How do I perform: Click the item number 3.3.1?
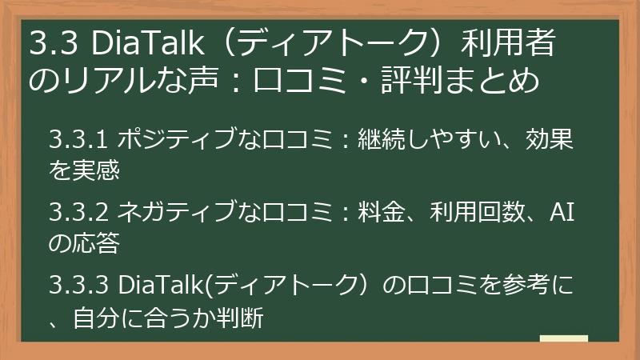pos(78,140)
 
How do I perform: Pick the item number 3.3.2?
pos(78,212)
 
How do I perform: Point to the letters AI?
pos(562,212)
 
